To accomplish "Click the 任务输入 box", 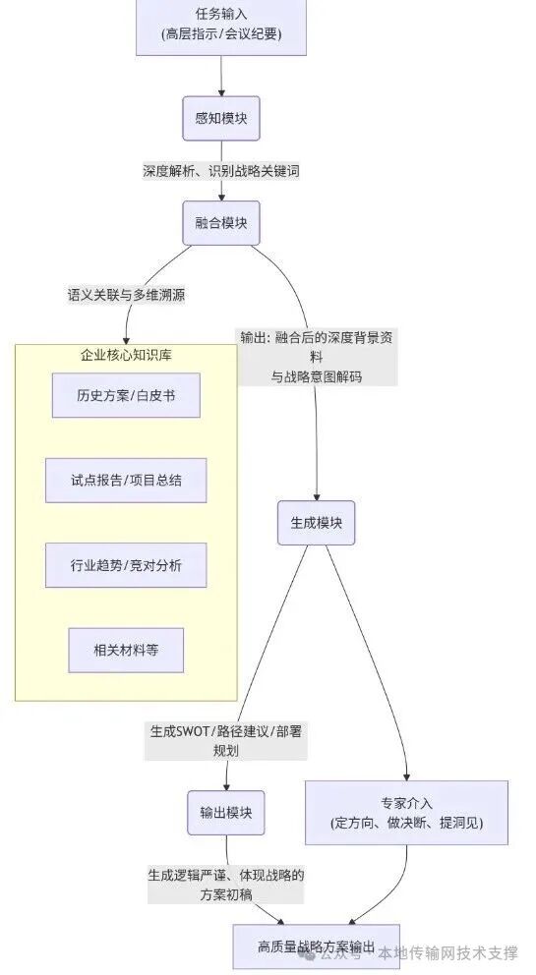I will pyautogui.click(x=220, y=27).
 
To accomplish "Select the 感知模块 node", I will pyautogui.click(x=220, y=120).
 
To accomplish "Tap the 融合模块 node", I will pyautogui.click(x=220, y=223).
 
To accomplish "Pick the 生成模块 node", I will pyautogui.click(x=315, y=522).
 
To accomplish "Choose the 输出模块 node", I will pyautogui.click(x=226, y=812).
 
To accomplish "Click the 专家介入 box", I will pyautogui.click(x=406, y=812).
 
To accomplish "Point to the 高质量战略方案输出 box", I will pyautogui.click(x=316, y=946).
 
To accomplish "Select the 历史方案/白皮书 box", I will pyautogui.click(x=125, y=397).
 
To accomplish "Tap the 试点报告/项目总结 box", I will pyautogui.click(x=125, y=481).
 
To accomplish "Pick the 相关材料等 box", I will pyautogui.click(x=125, y=650).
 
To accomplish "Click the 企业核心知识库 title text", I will pyautogui.click(x=126, y=355).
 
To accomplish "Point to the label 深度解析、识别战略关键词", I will pyautogui.click(x=220, y=171).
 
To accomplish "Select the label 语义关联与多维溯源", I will pyautogui.click(x=125, y=294).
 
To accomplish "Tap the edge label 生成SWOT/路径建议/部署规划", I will pyautogui.click(x=225, y=740).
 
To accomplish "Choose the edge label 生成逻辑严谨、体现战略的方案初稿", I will pyautogui.click(x=225, y=885).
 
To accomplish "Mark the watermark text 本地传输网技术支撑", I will pyautogui.click(x=447, y=952).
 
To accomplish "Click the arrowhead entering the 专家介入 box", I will pyautogui.click(x=405, y=775).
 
